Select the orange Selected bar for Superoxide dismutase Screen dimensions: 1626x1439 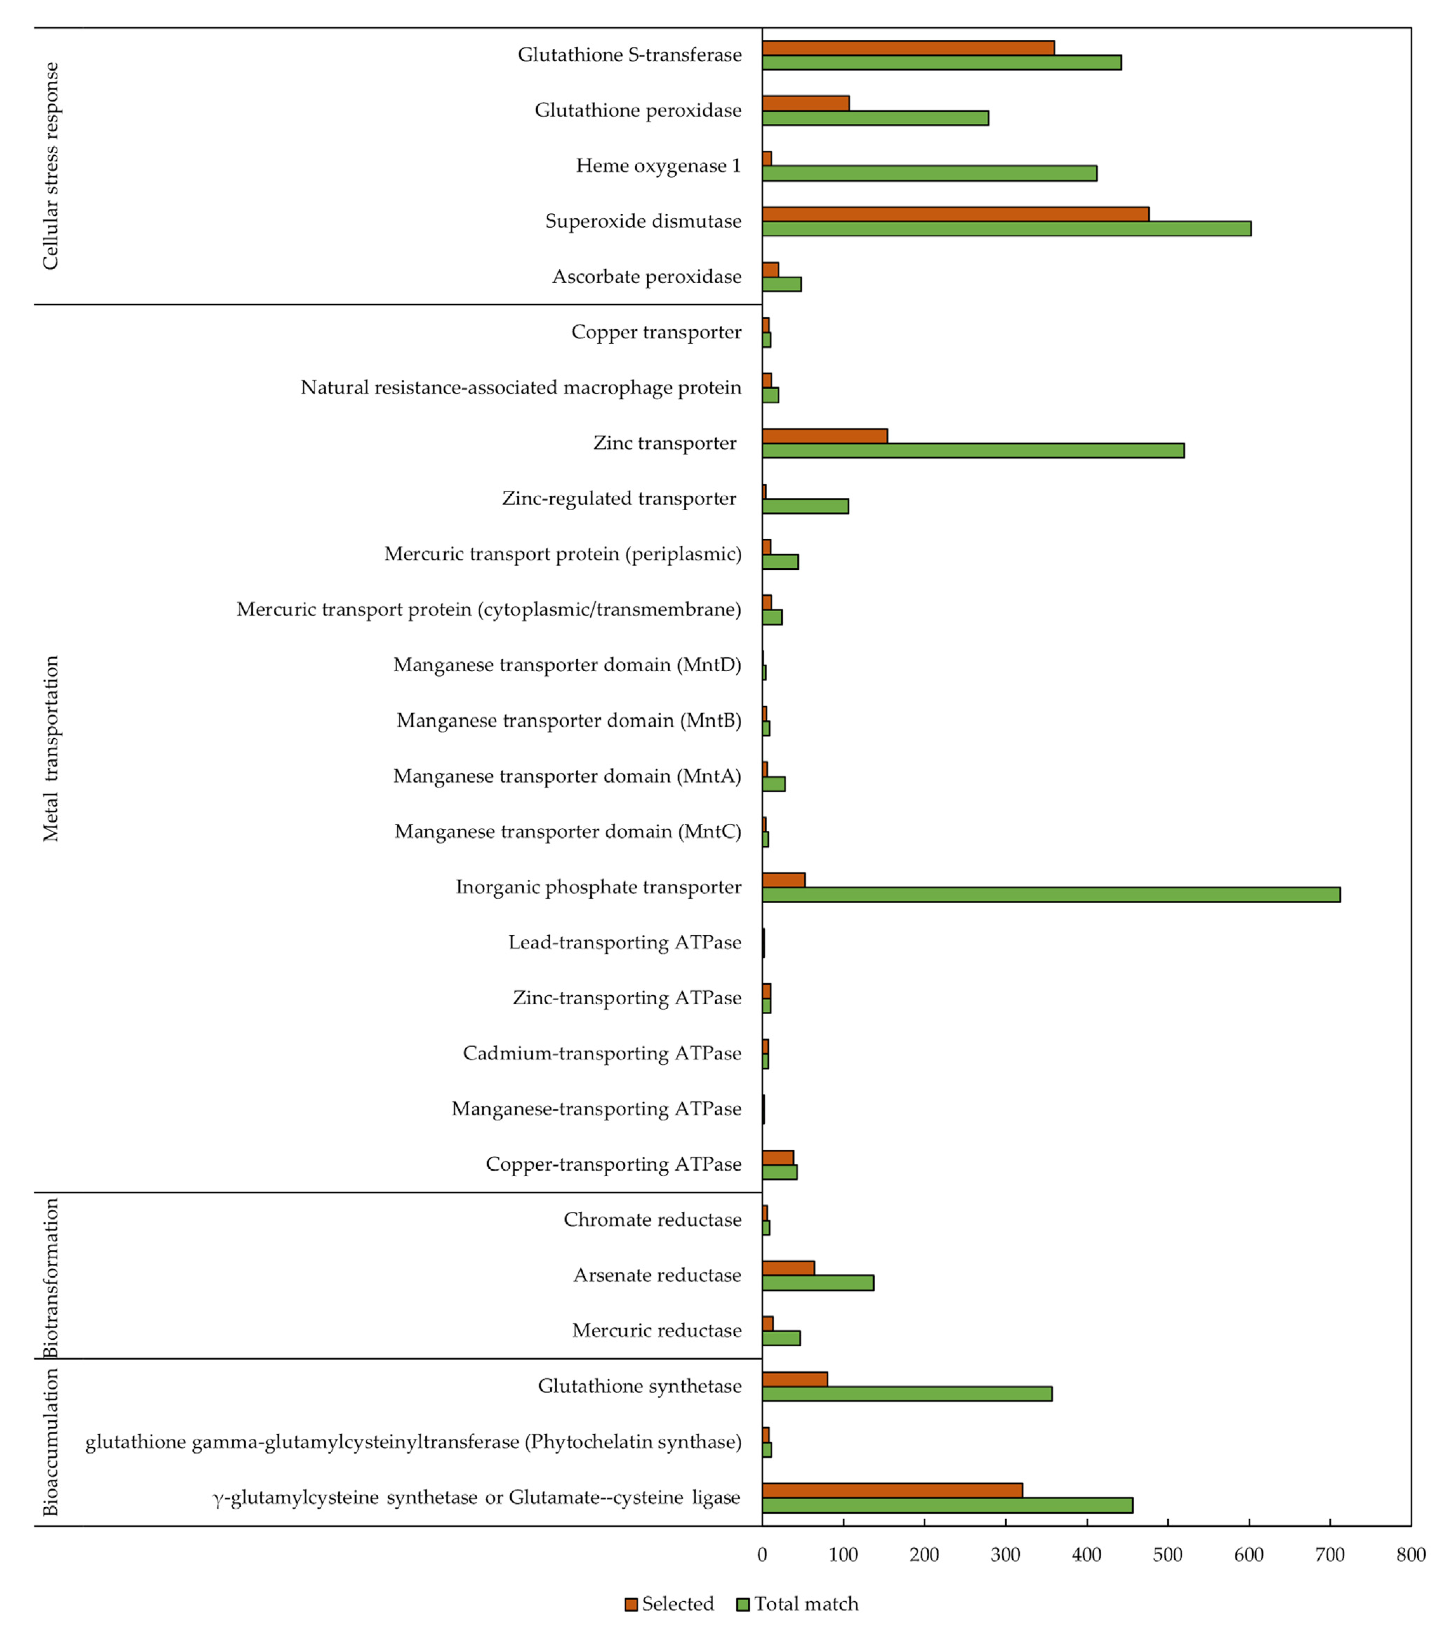click(x=955, y=214)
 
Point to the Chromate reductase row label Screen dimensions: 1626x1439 click(x=652, y=1219)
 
